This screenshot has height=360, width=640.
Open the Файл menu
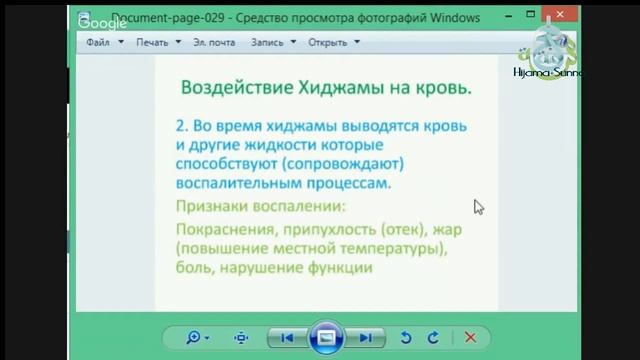tap(98, 42)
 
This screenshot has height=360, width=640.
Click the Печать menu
tap(152, 42)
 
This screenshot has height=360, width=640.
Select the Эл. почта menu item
tap(214, 42)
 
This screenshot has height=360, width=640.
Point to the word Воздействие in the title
tap(227, 88)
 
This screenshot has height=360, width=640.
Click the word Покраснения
tap(226, 230)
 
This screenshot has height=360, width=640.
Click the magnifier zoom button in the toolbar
tap(194, 338)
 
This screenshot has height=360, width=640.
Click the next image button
tap(366, 338)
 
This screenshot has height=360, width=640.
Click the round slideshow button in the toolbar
tap(326, 338)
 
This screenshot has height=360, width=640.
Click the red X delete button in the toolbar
tap(470, 338)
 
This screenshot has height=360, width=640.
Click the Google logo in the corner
tap(102, 23)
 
